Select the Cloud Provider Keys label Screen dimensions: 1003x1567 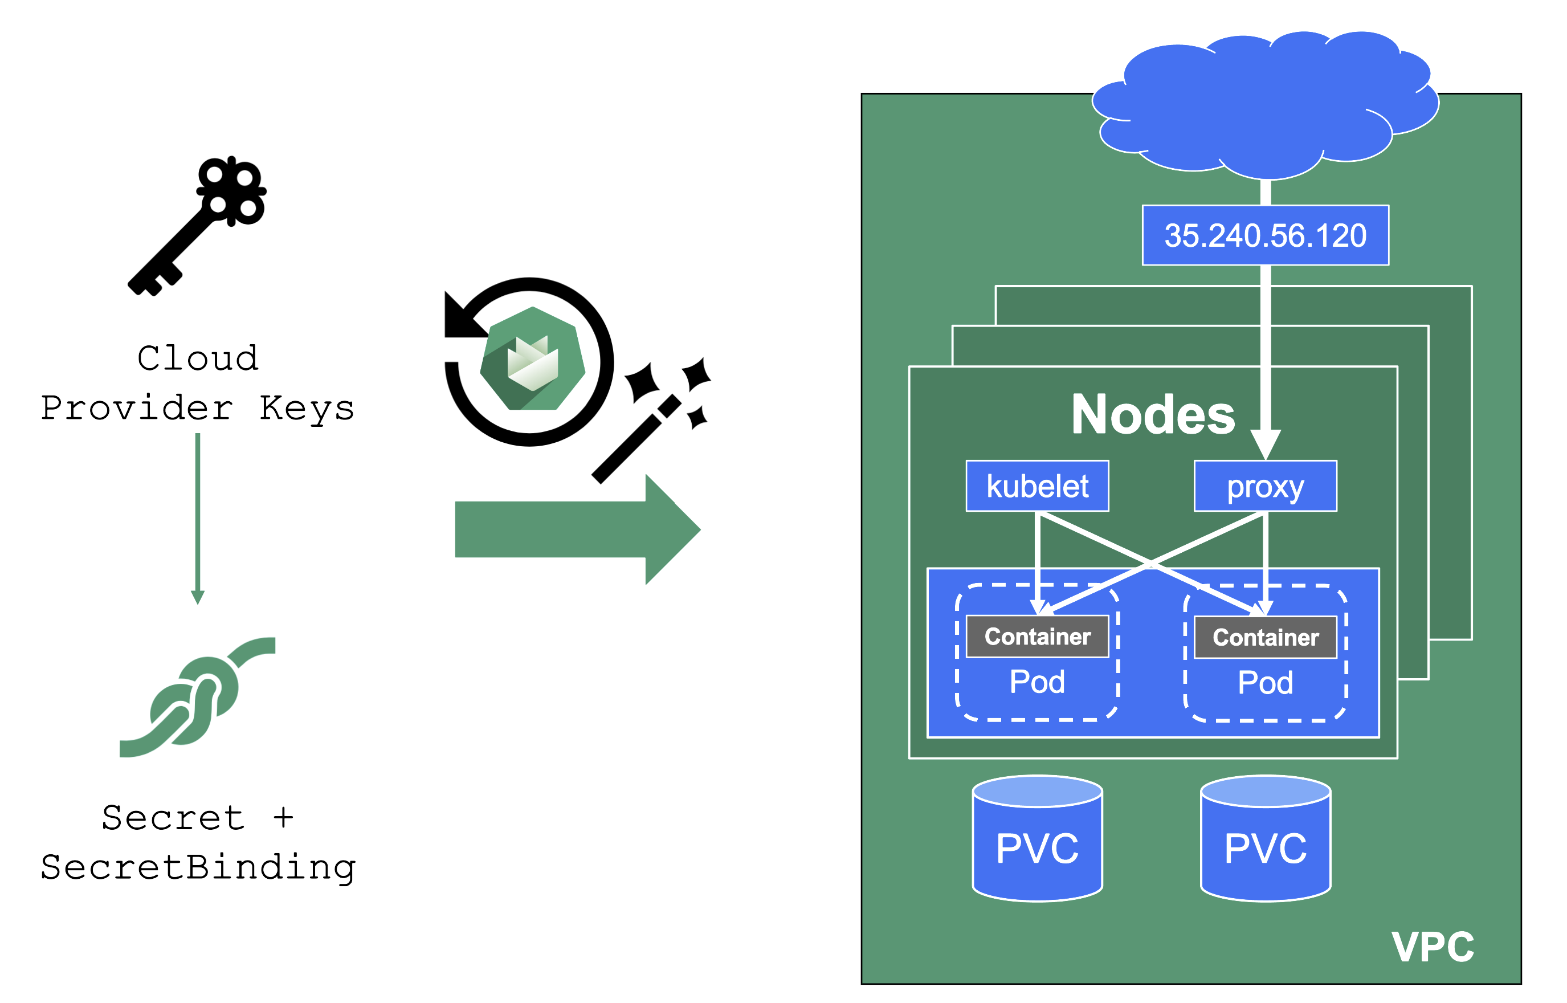click(x=197, y=383)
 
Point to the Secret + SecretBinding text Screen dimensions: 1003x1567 click(x=197, y=842)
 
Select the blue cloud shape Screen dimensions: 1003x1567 click(x=1264, y=104)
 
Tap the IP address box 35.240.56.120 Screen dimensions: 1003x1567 click(x=1265, y=235)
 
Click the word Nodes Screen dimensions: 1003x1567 click(x=1152, y=415)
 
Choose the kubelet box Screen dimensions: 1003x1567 click(x=1037, y=487)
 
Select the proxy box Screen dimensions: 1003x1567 click(x=1265, y=487)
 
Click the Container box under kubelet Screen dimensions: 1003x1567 click(x=1037, y=637)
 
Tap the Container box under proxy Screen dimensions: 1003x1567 click(x=1265, y=638)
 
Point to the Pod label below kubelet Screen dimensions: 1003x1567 click(x=1037, y=682)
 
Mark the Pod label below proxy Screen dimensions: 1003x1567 click(x=1265, y=683)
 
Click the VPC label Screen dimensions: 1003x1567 click(x=1433, y=947)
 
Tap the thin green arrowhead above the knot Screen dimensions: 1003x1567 click(x=198, y=597)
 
